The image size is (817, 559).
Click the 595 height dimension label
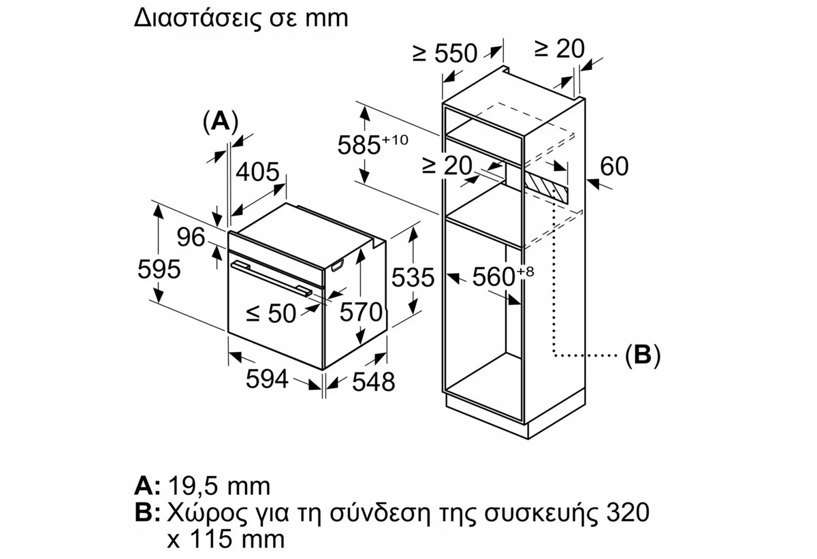(x=159, y=270)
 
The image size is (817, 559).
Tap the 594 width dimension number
(x=268, y=379)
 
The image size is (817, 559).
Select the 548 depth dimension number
(x=373, y=382)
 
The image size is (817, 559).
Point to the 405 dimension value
(x=257, y=171)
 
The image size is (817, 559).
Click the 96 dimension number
(x=190, y=238)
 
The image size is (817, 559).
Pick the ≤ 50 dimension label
(x=271, y=313)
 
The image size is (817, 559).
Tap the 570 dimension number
(x=361, y=313)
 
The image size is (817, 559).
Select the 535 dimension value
(x=412, y=278)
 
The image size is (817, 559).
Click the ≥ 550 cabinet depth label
(x=446, y=53)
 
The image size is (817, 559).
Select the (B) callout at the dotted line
(x=642, y=355)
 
